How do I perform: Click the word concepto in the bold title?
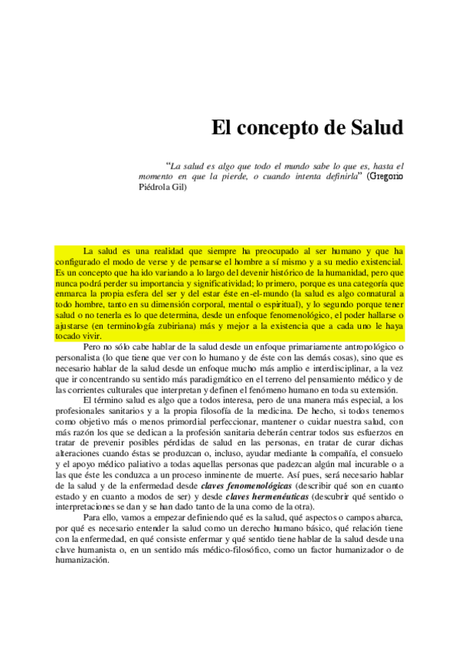[x=280, y=127]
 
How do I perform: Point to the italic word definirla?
[x=338, y=176]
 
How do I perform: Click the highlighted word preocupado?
[x=280, y=251]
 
